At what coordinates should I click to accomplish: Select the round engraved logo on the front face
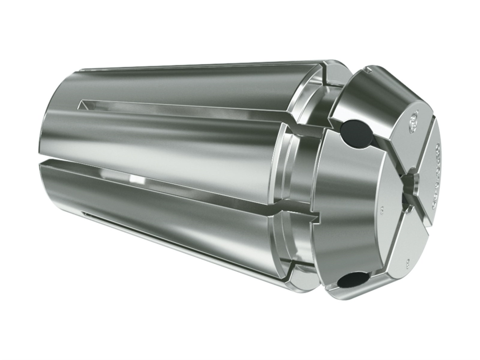[414, 118]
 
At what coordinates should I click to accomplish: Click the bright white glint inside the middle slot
[134, 179]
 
